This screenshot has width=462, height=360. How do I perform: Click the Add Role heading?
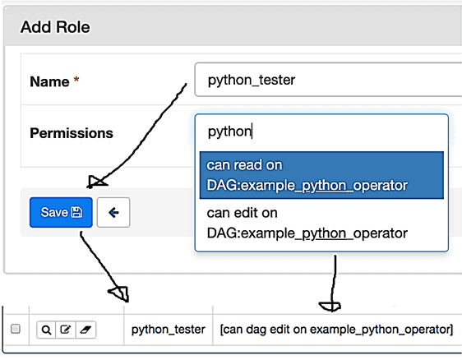click(x=55, y=27)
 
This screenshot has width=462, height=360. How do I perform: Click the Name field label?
click(x=49, y=81)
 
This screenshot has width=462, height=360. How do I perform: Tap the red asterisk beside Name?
click(x=76, y=80)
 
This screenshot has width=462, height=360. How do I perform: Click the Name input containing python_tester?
click(x=328, y=80)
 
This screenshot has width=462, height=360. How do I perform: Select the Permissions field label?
click(x=72, y=133)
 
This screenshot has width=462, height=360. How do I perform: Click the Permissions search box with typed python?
click(x=321, y=132)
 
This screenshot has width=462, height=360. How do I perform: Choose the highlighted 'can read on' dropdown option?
click(x=321, y=175)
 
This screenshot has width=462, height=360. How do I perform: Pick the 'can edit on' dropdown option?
click(x=321, y=223)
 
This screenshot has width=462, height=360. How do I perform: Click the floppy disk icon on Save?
click(x=77, y=212)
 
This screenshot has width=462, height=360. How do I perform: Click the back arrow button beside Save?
click(x=113, y=212)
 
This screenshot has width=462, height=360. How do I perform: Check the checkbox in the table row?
click(x=16, y=329)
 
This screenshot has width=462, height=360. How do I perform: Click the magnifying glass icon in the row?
click(x=46, y=330)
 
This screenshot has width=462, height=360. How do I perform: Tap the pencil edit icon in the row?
click(x=66, y=330)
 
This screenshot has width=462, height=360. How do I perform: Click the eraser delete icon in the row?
click(x=85, y=330)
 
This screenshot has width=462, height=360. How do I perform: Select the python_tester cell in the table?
click(x=168, y=330)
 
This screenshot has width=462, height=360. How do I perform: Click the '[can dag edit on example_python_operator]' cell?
click(x=336, y=330)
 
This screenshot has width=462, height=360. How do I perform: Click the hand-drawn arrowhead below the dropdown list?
click(x=330, y=307)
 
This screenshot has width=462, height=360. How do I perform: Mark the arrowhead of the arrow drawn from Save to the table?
click(x=120, y=293)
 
